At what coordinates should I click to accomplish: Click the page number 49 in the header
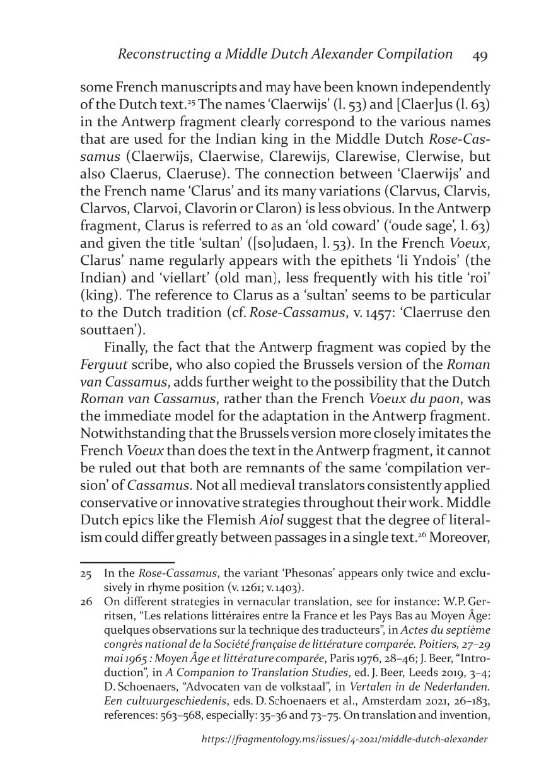pos(480,55)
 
